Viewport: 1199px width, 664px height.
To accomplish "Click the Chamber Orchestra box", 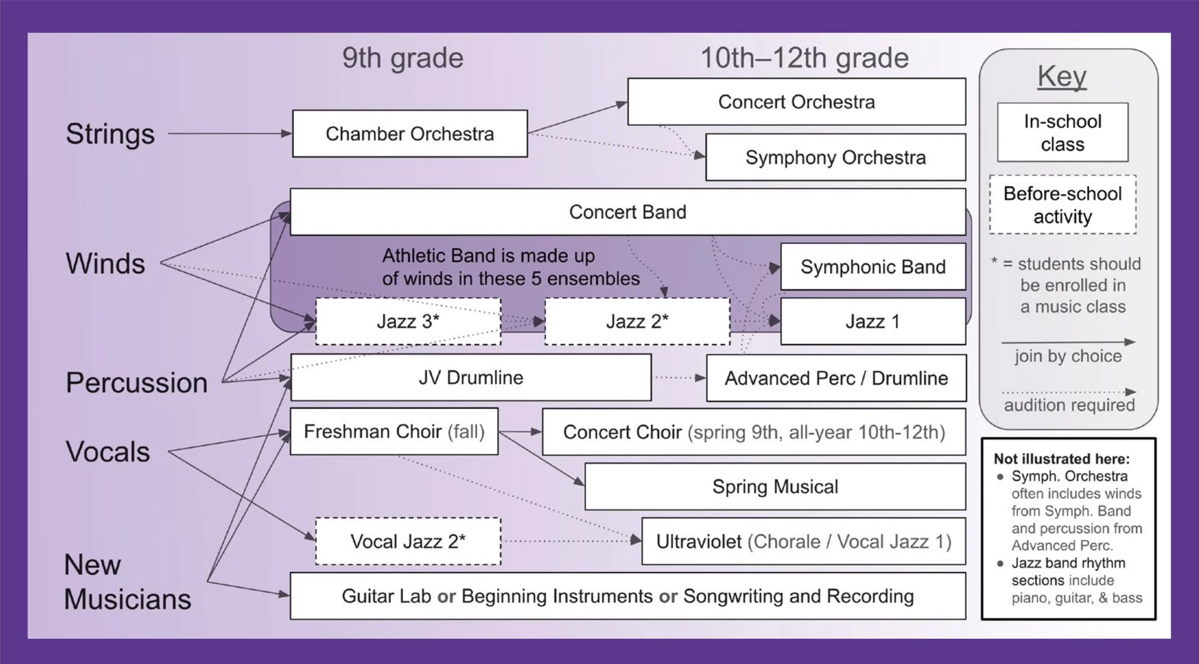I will pyautogui.click(x=410, y=133).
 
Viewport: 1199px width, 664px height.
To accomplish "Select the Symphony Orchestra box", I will pyautogui.click(x=835, y=157).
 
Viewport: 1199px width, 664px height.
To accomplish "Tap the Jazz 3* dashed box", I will pyautogui.click(x=408, y=321).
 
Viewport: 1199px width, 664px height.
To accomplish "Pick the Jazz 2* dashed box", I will pyautogui.click(x=637, y=321).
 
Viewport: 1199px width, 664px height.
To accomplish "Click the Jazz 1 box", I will pyautogui.click(x=873, y=321).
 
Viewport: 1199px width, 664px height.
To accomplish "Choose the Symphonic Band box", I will pyautogui.click(x=873, y=266).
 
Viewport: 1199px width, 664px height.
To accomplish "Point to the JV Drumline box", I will pyautogui.click(x=470, y=377).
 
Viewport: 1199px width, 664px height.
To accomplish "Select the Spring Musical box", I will pyautogui.click(x=775, y=486).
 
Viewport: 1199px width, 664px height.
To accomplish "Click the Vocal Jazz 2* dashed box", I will pyautogui.click(x=408, y=541).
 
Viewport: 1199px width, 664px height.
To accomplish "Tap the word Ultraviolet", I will pyautogui.click(x=698, y=542).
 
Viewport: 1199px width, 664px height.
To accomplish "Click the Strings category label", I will pyautogui.click(x=110, y=133).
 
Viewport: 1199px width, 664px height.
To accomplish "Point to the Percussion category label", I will pyautogui.click(x=137, y=383).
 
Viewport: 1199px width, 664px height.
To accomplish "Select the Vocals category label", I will pyautogui.click(x=108, y=452).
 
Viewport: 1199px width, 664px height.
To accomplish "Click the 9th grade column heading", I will pyautogui.click(x=403, y=58).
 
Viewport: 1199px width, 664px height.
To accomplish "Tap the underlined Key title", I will pyautogui.click(x=1062, y=76).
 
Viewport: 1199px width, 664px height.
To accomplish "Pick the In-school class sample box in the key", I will pyautogui.click(x=1063, y=133).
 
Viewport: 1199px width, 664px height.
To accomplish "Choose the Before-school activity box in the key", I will pyautogui.click(x=1063, y=205).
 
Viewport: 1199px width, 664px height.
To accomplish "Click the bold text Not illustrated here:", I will pyautogui.click(x=1061, y=459).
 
